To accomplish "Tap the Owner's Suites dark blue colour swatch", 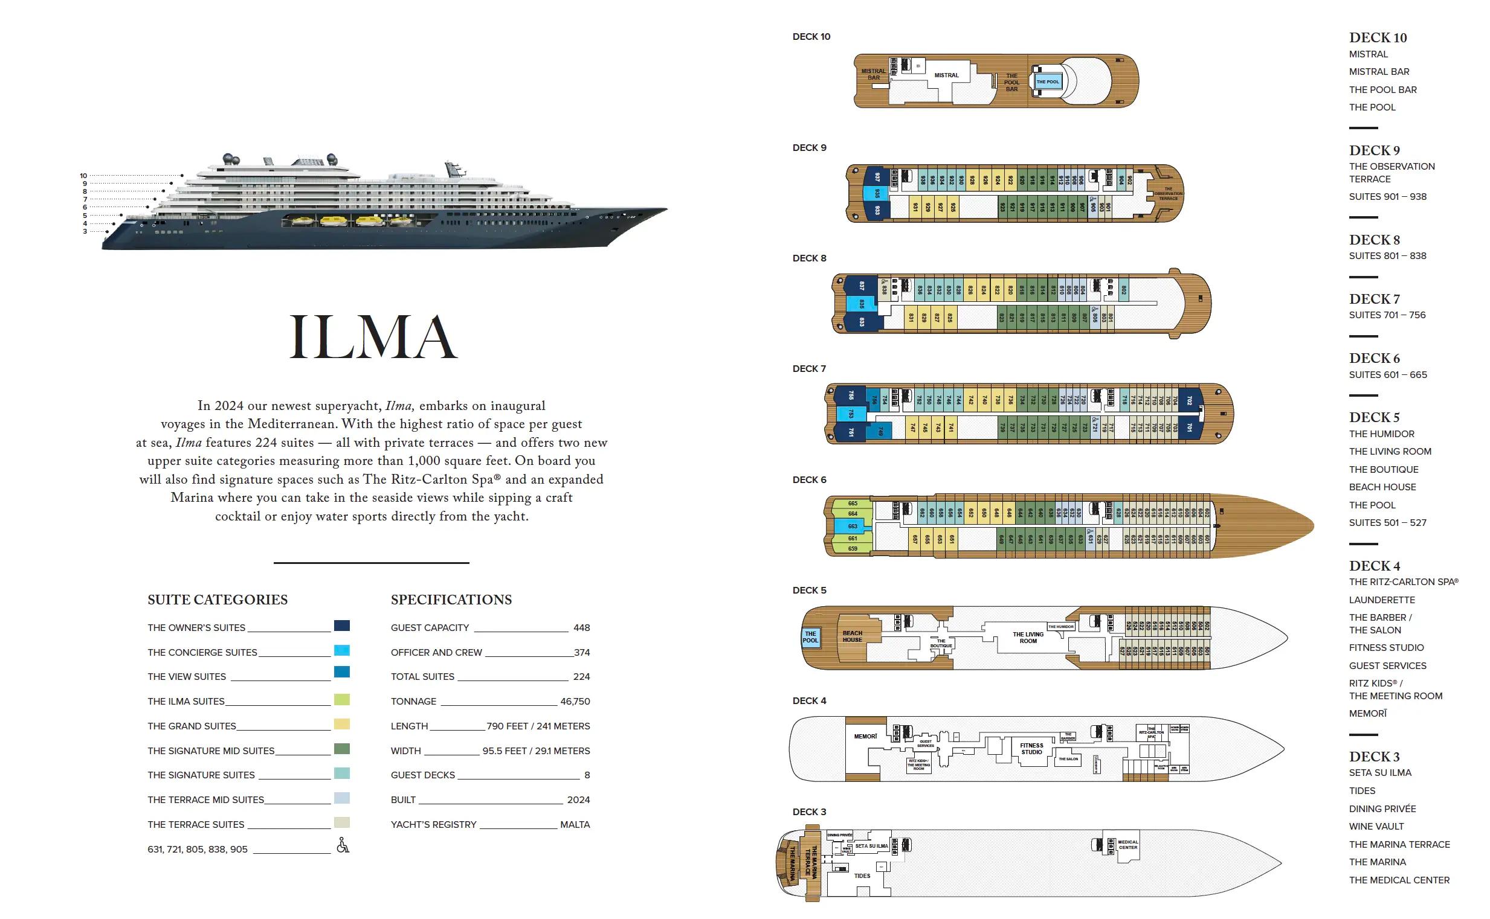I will (x=342, y=626).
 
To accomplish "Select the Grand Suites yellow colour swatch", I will (x=342, y=724).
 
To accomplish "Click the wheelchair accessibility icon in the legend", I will (x=343, y=845).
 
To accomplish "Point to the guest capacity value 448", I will (x=581, y=627).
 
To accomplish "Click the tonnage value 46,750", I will (x=575, y=702).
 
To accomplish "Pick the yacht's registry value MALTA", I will (x=575, y=825).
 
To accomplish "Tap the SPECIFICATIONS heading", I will (x=451, y=600).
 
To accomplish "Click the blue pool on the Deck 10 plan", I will (x=1047, y=82).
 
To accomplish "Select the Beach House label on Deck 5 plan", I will (x=852, y=636).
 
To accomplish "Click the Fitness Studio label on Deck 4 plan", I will (x=1031, y=749).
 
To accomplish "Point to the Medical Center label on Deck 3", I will (x=1127, y=845).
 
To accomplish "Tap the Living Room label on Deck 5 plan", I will (x=1028, y=638).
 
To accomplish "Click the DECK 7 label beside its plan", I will (x=809, y=369).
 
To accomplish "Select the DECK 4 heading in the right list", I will (x=1375, y=566).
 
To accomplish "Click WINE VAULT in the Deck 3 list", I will (x=1376, y=827).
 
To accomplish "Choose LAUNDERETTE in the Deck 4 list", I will (x=1382, y=600).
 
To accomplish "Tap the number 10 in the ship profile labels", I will (x=83, y=176).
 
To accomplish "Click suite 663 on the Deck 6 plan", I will (x=853, y=527).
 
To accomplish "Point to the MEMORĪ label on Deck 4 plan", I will (x=865, y=737).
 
